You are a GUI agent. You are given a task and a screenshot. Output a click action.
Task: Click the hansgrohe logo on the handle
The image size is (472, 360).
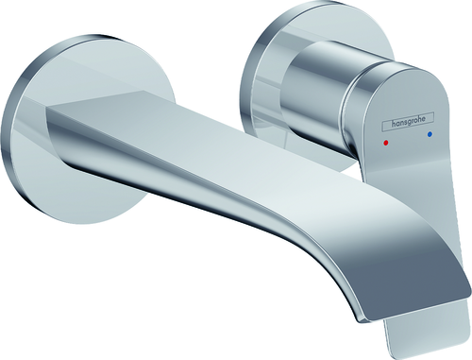click(408, 122)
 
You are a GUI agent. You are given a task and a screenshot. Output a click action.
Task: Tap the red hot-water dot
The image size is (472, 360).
click(386, 144)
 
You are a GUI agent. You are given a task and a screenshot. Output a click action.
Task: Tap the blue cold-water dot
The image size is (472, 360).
click(430, 135)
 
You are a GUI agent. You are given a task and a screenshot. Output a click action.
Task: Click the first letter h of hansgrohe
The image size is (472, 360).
click(394, 124)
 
